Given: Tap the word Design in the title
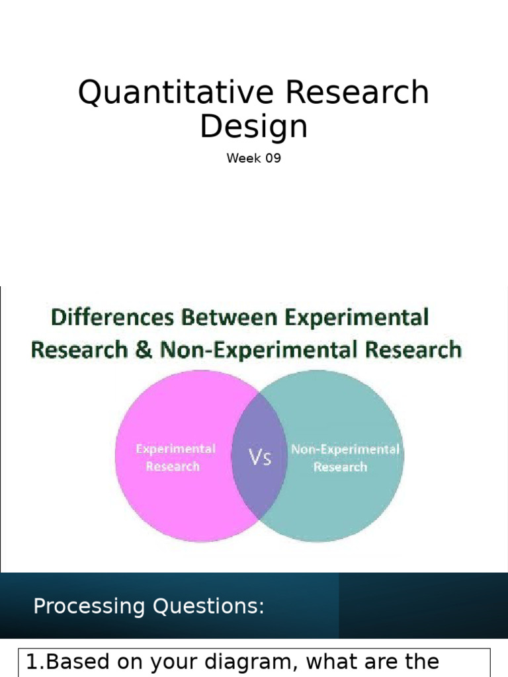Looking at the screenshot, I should [254, 126].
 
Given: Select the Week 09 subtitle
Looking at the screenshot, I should [254, 158].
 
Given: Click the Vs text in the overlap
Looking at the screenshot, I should [260, 458].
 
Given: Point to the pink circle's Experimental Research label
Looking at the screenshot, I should [175, 458].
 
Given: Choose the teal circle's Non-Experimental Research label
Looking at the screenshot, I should [345, 458].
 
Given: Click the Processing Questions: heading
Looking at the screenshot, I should [149, 606].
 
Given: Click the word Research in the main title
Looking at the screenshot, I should [358, 92].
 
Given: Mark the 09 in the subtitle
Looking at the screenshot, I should [273, 158].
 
